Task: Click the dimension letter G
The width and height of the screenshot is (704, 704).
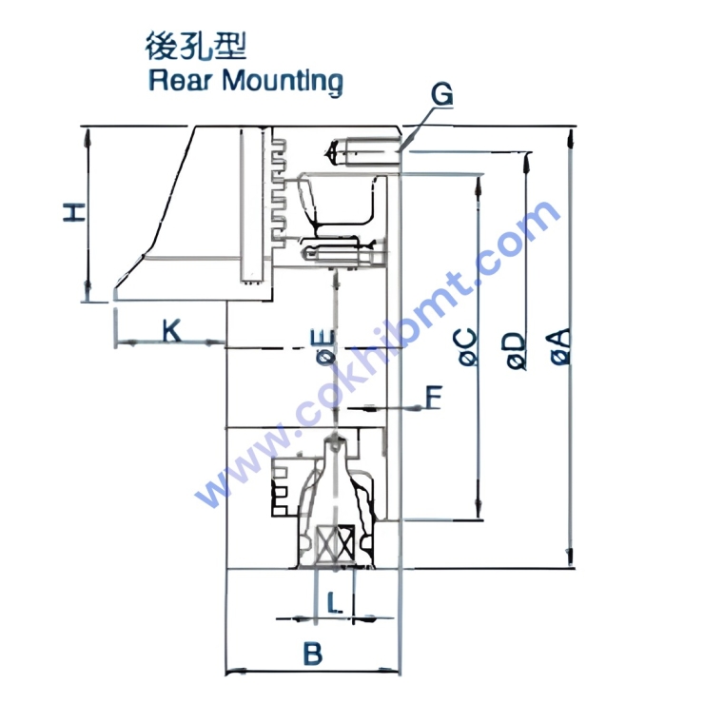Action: click(441, 94)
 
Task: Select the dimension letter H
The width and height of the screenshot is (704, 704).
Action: click(74, 212)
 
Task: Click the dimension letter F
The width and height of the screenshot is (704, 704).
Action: click(434, 397)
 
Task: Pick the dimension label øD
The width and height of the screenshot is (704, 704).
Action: click(516, 351)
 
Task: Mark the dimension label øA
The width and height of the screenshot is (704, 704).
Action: click(561, 346)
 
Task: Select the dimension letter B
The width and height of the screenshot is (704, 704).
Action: click(312, 654)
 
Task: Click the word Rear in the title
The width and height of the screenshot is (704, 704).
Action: click(180, 81)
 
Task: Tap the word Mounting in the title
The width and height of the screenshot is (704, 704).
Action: click(283, 82)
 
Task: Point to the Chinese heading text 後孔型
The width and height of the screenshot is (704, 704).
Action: click(196, 46)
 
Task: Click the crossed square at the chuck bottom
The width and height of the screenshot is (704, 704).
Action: click(336, 544)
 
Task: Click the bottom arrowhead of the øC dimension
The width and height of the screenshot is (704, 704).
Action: click(479, 509)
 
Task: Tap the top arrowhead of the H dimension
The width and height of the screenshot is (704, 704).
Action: click(88, 137)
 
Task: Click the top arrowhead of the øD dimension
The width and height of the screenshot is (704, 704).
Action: click(527, 162)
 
